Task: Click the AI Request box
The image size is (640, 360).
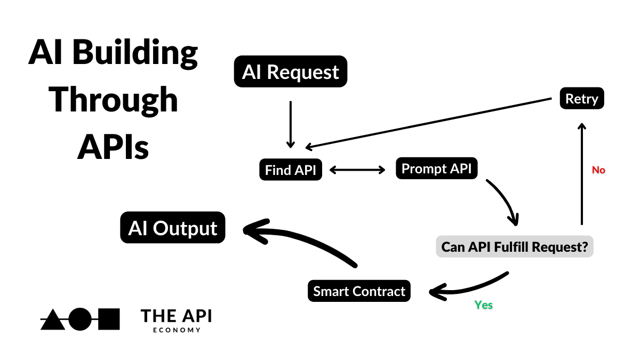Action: point(290,72)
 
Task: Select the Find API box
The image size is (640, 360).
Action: point(291,170)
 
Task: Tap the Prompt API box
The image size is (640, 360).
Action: point(437,169)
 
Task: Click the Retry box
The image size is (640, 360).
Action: point(581,99)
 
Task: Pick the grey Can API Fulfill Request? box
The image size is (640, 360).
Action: point(514,247)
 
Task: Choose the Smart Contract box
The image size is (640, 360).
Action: point(359,291)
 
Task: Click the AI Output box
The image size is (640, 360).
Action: point(172,228)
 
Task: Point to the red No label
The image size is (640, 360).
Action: point(598,170)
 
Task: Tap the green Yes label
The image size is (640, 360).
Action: point(484,305)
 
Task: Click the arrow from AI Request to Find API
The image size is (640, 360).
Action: point(290,124)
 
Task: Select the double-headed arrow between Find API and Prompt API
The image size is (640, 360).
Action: point(357,170)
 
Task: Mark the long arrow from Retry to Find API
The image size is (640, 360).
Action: point(427,123)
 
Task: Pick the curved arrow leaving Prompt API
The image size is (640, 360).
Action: point(507,200)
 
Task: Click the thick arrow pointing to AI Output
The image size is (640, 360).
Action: point(299,240)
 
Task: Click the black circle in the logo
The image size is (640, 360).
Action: point(81,319)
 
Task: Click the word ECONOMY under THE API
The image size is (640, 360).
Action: point(176,330)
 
